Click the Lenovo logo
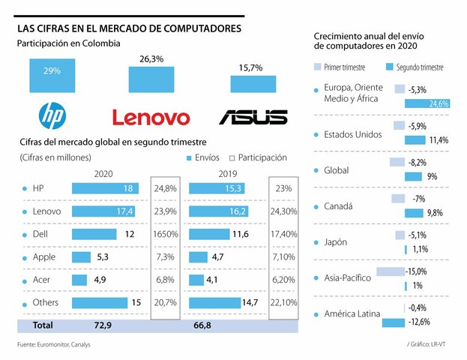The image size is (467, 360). click(x=151, y=118)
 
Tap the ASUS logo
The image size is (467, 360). click(x=253, y=118)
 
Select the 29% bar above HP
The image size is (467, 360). click(x=52, y=72)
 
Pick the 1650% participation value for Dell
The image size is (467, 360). click(x=164, y=234)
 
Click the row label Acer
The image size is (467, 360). click(x=43, y=280)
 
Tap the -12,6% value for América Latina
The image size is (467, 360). click(x=418, y=322)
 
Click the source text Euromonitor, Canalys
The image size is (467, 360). click(x=72, y=344)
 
